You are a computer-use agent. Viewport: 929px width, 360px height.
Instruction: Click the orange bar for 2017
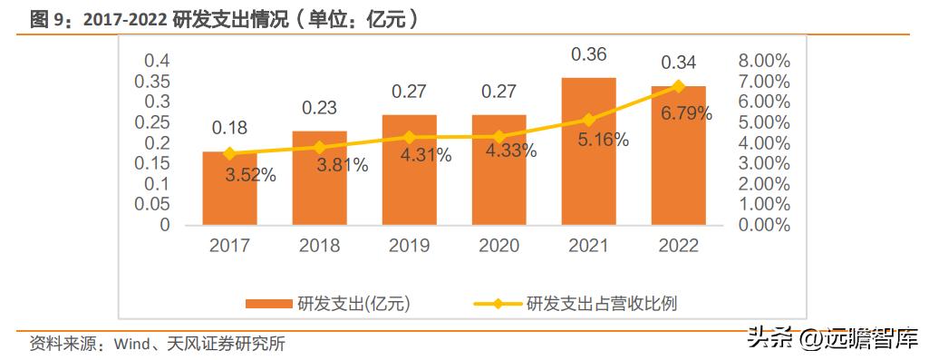pos(229,189)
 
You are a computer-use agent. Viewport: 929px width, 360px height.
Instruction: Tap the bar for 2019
pos(409,170)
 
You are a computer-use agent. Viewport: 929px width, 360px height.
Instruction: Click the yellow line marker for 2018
pos(319,147)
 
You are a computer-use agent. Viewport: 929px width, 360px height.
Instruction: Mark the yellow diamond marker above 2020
pos(498,136)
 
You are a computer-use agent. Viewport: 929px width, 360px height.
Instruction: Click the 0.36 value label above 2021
pos(588,54)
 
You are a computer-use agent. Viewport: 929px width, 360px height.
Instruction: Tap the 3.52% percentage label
pos(250,176)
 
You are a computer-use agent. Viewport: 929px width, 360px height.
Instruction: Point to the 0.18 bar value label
pos(229,128)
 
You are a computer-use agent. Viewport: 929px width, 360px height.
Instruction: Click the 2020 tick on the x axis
pos(498,246)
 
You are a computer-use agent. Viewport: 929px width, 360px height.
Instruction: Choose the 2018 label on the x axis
pos(319,246)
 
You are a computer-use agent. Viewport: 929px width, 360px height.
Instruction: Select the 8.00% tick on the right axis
pos(764,61)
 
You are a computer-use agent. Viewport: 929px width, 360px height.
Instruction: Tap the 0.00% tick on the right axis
pos(764,225)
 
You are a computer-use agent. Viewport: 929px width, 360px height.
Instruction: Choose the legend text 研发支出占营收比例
pos(601,304)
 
